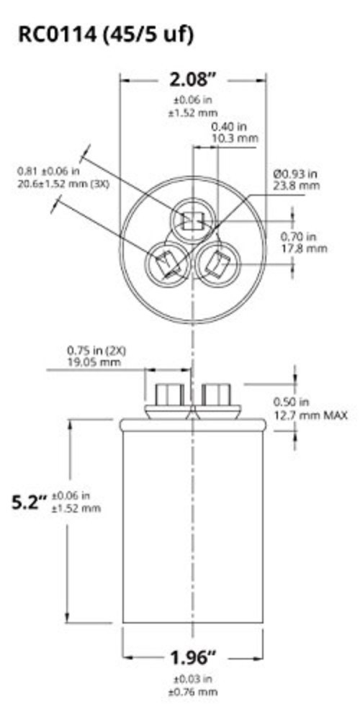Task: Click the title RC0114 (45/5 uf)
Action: pos(105,35)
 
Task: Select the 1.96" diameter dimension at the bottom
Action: pos(193,658)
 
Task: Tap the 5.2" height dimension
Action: pos(29,502)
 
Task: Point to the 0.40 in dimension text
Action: pos(230,126)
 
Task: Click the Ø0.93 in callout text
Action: pos(296,174)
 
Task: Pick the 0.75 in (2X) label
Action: pos(96,351)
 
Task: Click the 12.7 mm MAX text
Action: pos(310,415)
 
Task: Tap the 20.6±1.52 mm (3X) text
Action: pos(63,186)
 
